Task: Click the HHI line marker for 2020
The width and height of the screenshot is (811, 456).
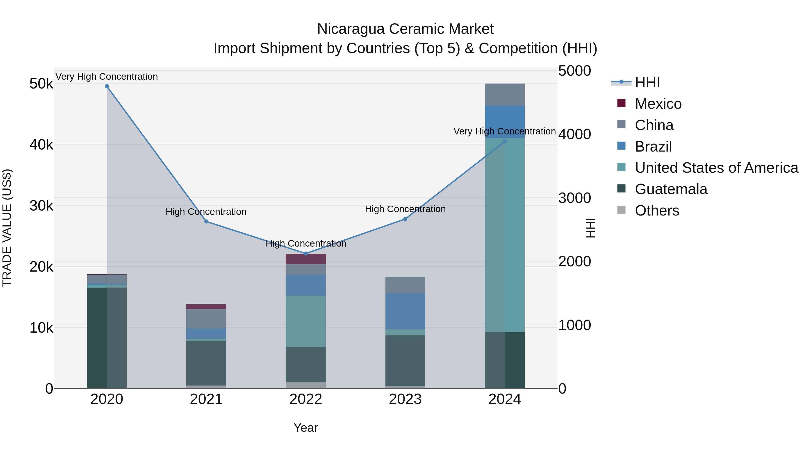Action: (x=107, y=86)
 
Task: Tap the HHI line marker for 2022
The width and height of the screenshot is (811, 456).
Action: (x=306, y=254)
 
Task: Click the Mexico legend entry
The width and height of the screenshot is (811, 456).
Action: (x=658, y=104)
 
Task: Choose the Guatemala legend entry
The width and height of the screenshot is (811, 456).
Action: (x=671, y=189)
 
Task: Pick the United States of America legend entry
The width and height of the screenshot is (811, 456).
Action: (x=716, y=168)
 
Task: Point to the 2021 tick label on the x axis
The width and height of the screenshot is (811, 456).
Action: (x=206, y=399)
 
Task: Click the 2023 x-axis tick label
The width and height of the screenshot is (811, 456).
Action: (x=405, y=399)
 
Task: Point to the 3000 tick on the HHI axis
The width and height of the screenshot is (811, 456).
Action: (x=574, y=198)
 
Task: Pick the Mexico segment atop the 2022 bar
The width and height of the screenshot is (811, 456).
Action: (x=306, y=259)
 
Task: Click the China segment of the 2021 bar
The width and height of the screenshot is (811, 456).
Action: (x=206, y=318)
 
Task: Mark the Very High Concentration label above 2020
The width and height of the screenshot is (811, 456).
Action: (x=107, y=77)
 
